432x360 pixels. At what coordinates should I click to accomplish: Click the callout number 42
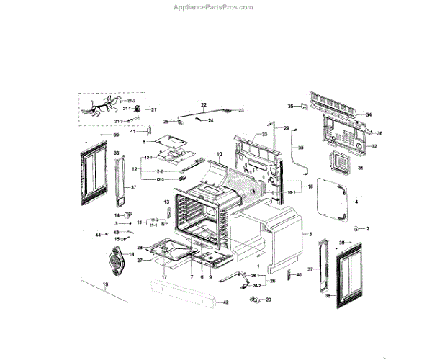225,302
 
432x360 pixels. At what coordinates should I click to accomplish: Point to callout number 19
105,286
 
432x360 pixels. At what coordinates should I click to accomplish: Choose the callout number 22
204,105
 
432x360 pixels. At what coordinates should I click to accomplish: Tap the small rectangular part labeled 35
302,108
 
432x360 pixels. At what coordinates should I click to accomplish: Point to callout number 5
310,235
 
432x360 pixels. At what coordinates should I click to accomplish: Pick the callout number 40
300,274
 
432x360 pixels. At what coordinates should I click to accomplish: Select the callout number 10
220,154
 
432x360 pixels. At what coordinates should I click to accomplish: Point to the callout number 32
374,146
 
